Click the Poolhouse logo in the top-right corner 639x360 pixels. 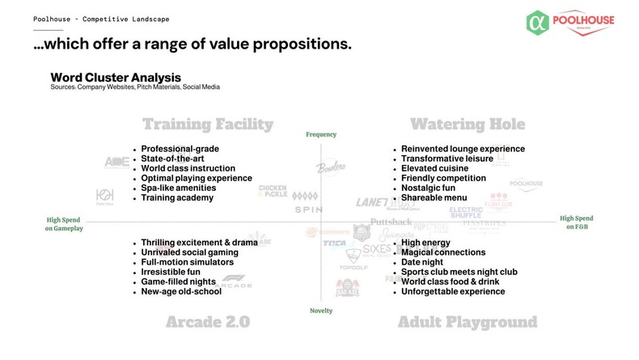[569, 23]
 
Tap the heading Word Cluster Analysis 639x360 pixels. [110, 77]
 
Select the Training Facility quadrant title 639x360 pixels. [208, 125]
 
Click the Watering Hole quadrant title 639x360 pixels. [467, 125]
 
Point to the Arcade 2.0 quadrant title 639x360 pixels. [207, 322]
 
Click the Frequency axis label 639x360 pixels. [321, 134]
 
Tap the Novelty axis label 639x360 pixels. [321, 311]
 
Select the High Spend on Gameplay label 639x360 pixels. [64, 223]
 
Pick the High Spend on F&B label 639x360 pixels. [577, 223]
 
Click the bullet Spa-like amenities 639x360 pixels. [178, 188]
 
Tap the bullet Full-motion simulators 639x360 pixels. [187, 262]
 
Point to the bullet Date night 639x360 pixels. [421, 262]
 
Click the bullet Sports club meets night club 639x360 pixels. [459, 272]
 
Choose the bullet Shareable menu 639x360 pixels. [434, 197]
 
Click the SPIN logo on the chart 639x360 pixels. [307, 210]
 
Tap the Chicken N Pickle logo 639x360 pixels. [273, 191]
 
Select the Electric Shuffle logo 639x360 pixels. [465, 212]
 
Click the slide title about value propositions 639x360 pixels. [193, 44]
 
